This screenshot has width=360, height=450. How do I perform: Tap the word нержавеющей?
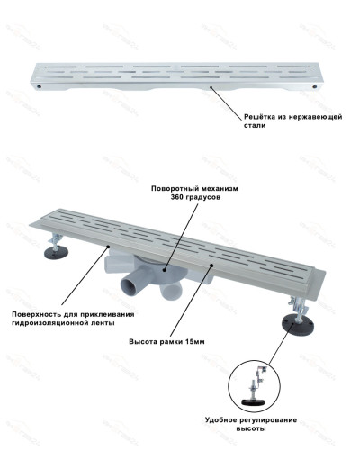[317, 118]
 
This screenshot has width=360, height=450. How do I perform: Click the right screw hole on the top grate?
[312, 86]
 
